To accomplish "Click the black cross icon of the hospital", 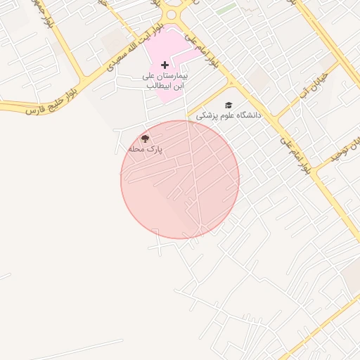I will pyautogui.click(x=165, y=65).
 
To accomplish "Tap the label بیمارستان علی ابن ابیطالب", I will pyautogui.click(x=159, y=80).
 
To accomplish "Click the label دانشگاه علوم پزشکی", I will pyautogui.click(x=228, y=115).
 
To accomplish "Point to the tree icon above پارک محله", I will pyautogui.click(x=145, y=139).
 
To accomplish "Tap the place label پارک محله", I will pyautogui.click(x=145, y=150).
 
